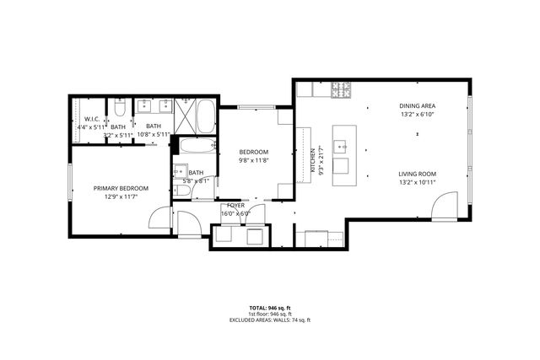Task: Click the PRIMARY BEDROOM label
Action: click(121, 188)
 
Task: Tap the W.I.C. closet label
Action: click(92, 120)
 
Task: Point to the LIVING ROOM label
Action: click(418, 174)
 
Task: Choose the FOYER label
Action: click(235, 205)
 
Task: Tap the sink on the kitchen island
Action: click(343, 144)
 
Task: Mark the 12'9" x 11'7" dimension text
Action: click(121, 196)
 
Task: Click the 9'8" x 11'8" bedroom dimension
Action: click(252, 160)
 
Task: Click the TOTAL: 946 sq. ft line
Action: click(269, 308)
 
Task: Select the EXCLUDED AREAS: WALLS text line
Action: click(269, 320)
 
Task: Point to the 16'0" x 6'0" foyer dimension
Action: click(235, 213)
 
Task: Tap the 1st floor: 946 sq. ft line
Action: click(269, 314)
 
